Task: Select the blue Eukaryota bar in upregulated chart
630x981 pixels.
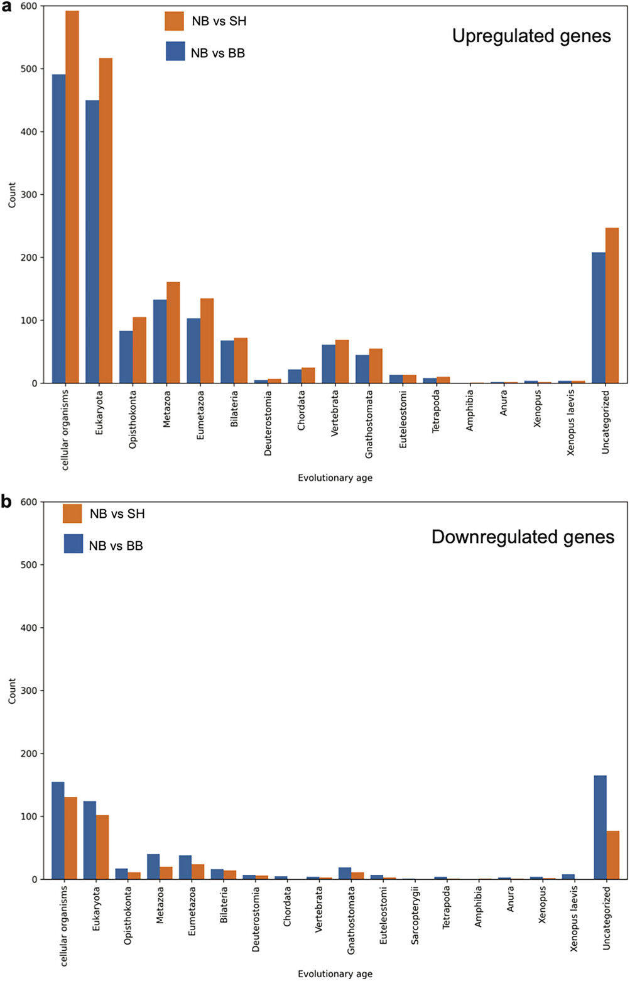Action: pyautogui.click(x=92, y=241)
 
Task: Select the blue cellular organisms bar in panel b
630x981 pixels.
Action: pyautogui.click(x=58, y=830)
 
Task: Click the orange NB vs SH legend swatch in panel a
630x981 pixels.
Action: pyautogui.click(x=175, y=21)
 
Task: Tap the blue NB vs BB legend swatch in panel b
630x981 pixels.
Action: pyautogui.click(x=73, y=544)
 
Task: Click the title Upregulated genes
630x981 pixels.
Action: pyautogui.click(x=531, y=36)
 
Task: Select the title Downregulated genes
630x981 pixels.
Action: pyautogui.click(x=523, y=537)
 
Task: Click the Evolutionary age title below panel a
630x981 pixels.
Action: pyautogui.click(x=335, y=478)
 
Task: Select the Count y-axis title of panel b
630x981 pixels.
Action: pyautogui.click(x=12, y=691)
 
